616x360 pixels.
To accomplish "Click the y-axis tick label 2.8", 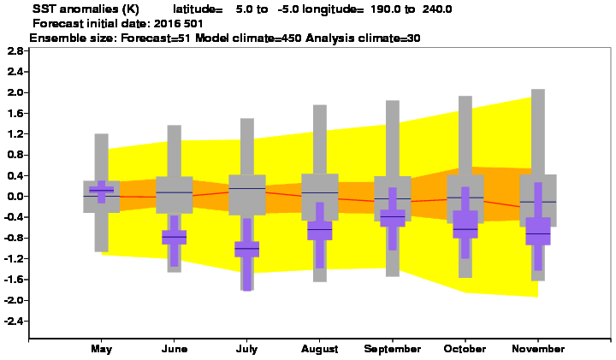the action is (x=15, y=51).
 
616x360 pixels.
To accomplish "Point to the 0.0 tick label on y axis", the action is (x=15, y=197).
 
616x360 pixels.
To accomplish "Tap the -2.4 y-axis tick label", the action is (x=14, y=322).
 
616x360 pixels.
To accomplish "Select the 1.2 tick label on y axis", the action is (x=15, y=134).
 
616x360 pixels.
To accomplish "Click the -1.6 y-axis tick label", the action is (x=14, y=280).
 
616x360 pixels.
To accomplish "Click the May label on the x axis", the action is (x=101, y=349).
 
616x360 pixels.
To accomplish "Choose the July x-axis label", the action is (x=246, y=349).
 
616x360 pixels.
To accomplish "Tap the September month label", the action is (x=393, y=349).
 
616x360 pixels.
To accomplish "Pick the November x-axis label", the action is (x=538, y=349).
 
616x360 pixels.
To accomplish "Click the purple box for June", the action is (x=174, y=237).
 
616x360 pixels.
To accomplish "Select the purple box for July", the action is (x=246, y=249).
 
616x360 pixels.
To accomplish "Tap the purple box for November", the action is (x=538, y=231).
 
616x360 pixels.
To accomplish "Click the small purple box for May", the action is (x=101, y=190).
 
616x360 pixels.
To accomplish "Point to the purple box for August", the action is (x=320, y=230).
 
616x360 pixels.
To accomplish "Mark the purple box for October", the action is (x=465, y=224).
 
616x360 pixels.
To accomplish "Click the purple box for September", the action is (x=393, y=218).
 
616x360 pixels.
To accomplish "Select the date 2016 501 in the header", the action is (x=178, y=24).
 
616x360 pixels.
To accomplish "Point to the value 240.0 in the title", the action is (x=437, y=9).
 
